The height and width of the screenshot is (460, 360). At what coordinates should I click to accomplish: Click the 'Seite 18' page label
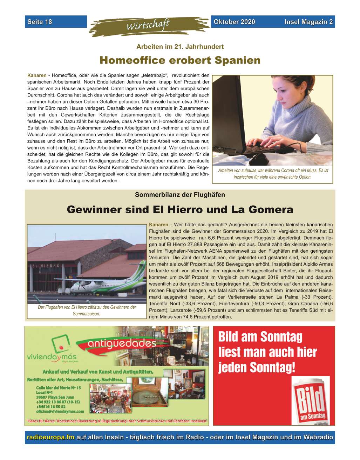[40, 22]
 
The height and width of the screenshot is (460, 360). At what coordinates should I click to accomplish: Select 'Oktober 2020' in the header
[234, 22]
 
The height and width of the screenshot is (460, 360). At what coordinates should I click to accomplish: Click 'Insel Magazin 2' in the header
[308, 22]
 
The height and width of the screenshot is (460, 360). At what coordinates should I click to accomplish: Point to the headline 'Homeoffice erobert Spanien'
[180, 60]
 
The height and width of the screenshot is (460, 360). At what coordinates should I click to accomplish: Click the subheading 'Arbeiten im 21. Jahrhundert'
[180, 46]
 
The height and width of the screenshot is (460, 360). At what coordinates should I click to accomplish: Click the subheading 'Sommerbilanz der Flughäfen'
[180, 195]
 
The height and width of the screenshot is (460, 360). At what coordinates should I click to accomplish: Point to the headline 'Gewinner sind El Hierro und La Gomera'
[180, 210]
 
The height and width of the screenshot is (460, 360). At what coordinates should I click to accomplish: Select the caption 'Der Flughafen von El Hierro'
[87, 311]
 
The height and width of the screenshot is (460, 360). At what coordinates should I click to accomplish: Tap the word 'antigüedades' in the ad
[122, 343]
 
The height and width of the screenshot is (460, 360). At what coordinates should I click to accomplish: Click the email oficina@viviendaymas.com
[60, 411]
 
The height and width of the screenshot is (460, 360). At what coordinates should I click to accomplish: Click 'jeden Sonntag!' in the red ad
[257, 368]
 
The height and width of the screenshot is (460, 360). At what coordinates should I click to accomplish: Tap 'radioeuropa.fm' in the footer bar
[51, 438]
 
